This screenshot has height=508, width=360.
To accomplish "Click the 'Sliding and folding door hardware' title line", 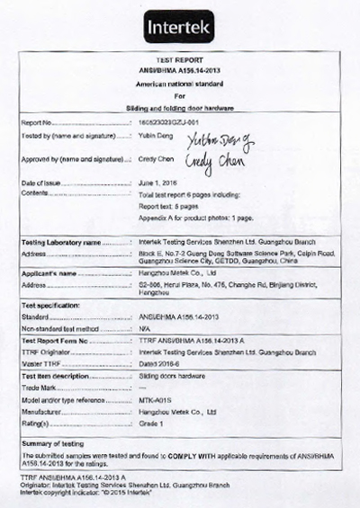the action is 179,107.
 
